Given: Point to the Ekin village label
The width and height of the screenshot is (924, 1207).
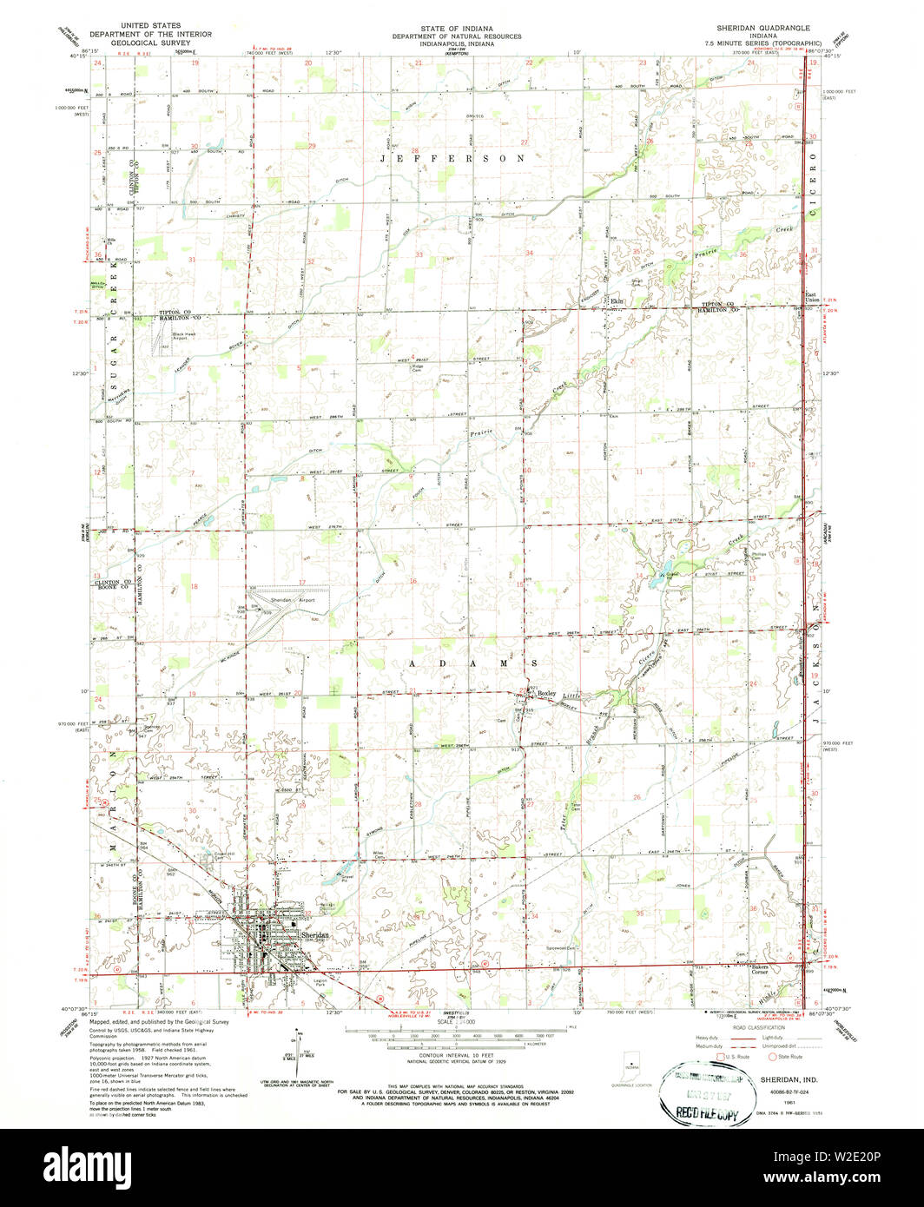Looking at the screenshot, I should [x=618, y=301].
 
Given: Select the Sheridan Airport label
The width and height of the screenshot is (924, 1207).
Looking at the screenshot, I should [x=292, y=600].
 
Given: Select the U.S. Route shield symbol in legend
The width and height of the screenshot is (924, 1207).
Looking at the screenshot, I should [x=730, y=1057].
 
